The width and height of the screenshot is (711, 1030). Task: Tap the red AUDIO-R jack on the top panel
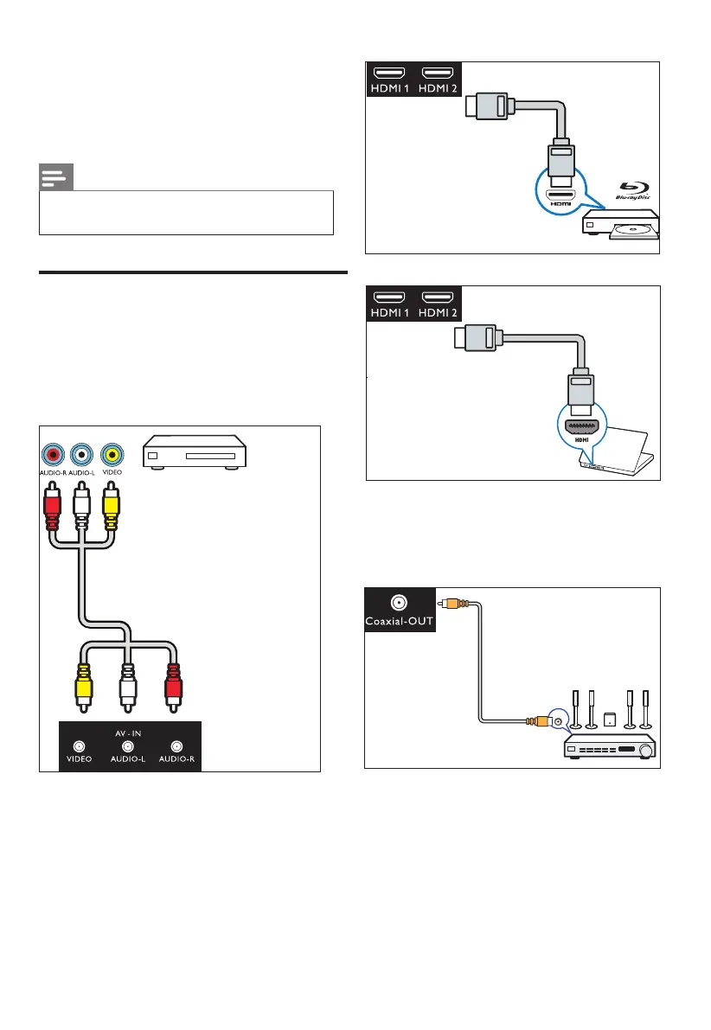click(x=54, y=453)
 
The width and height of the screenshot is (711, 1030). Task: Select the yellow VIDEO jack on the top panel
click(x=111, y=453)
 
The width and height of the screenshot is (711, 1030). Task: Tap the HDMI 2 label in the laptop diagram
click(x=441, y=314)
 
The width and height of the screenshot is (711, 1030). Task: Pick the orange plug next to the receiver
click(x=537, y=720)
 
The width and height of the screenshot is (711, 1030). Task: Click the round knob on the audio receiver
click(x=645, y=751)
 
